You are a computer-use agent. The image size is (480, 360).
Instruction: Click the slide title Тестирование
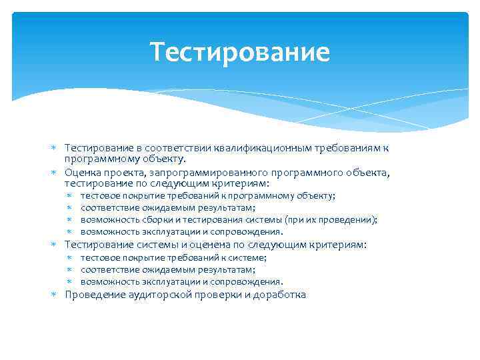click(x=240, y=51)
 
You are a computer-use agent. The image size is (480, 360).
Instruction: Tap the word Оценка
click(x=82, y=172)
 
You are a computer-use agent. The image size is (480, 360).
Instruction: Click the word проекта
click(x=120, y=172)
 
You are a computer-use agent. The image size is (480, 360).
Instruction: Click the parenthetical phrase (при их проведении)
click(x=331, y=220)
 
